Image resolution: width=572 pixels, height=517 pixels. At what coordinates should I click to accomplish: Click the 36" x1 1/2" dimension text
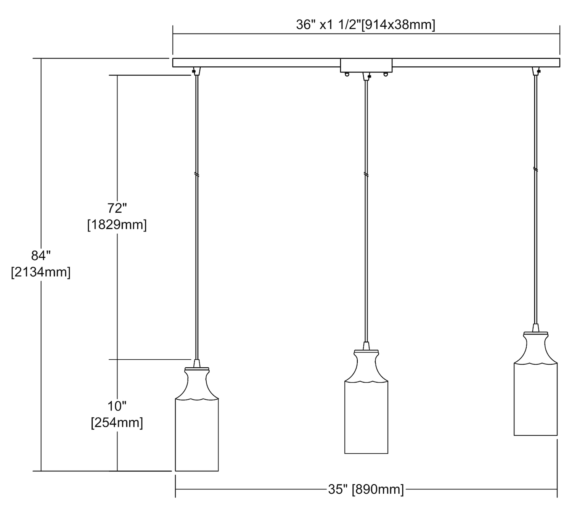(328, 25)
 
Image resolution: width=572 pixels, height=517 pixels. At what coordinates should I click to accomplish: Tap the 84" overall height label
(41, 256)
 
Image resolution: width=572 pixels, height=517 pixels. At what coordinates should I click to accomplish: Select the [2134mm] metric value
(41, 272)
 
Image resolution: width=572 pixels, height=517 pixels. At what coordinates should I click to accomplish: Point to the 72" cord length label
(117, 208)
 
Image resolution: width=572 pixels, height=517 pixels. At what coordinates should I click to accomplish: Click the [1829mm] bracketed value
(117, 225)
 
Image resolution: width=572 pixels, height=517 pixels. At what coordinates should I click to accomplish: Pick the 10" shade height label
(117, 406)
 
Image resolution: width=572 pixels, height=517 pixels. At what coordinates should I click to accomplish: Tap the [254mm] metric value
(117, 423)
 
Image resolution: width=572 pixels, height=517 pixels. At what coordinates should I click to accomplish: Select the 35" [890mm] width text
(366, 489)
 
